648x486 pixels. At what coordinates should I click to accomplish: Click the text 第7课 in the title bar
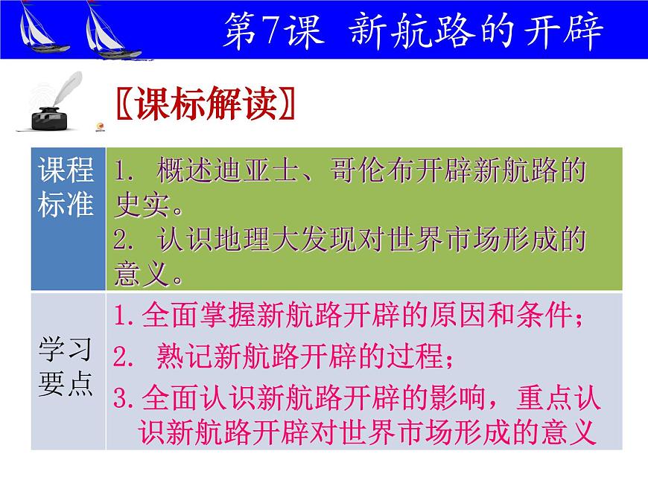click(273, 32)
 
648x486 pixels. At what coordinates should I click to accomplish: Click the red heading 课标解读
click(206, 105)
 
